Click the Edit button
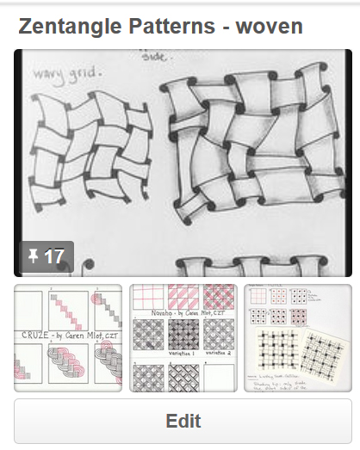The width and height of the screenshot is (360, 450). coord(183,421)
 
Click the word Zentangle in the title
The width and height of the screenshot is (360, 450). coord(67,26)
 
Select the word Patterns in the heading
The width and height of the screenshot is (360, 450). coord(165,26)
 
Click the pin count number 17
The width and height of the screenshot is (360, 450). coord(53,256)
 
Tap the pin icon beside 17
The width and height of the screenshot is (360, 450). coord(34,256)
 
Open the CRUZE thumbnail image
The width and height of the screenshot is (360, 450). coord(68,338)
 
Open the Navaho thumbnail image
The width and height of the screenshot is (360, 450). coord(183,338)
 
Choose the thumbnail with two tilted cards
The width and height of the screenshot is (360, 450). coord(297,338)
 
